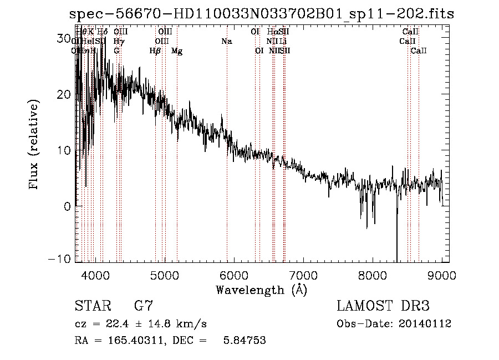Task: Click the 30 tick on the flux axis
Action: tap(65, 38)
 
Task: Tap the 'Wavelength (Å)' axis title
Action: tap(261, 290)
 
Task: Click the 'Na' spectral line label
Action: tap(226, 41)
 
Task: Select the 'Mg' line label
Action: tap(177, 51)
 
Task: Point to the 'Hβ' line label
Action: tap(155, 51)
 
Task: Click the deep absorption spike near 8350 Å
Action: tap(396, 244)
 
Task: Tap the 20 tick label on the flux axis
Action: tap(65, 94)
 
